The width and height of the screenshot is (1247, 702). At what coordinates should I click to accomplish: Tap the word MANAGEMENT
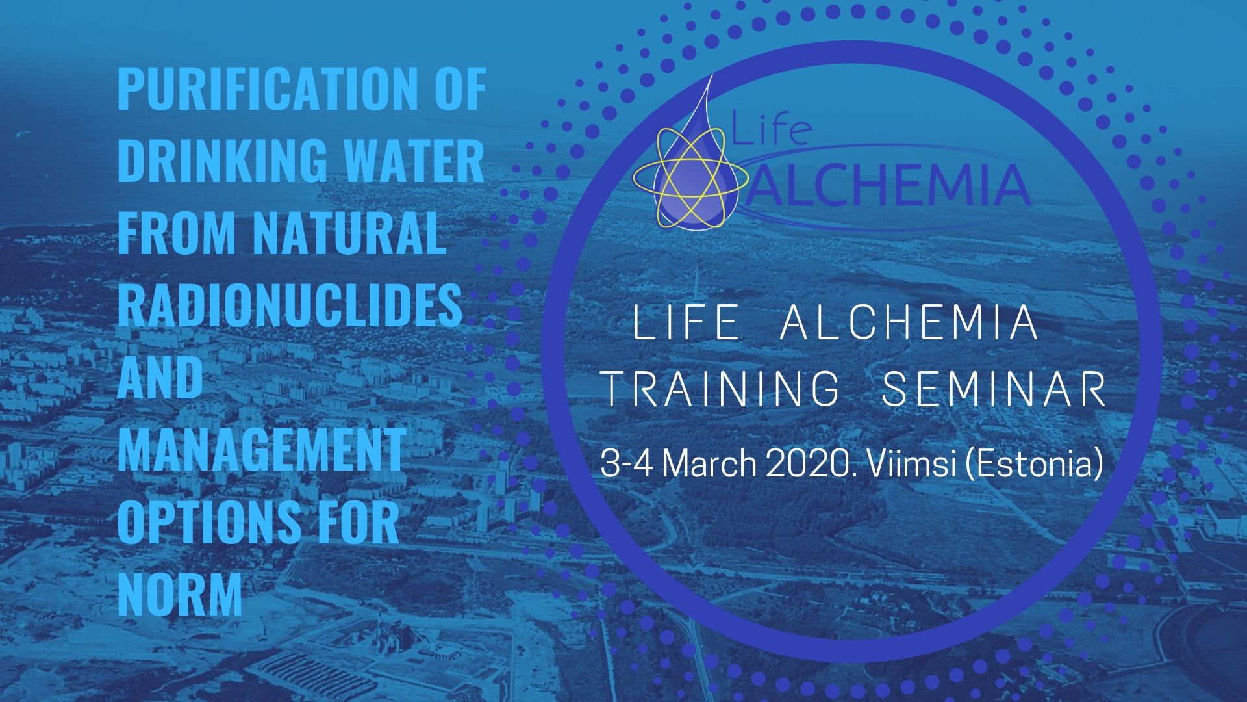pos(262,449)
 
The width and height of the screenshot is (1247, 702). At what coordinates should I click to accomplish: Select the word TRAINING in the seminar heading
pos(722,388)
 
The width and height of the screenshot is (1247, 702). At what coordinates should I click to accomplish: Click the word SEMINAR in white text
pos(994,388)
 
